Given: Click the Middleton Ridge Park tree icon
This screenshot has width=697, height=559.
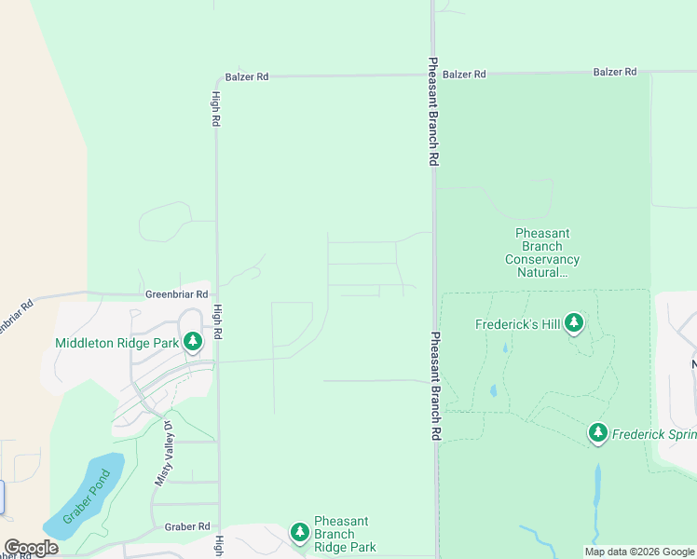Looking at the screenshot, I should click(193, 342).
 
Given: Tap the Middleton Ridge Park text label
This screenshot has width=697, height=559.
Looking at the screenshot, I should click(116, 343).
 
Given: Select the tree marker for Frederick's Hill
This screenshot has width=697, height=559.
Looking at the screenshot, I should click(575, 324).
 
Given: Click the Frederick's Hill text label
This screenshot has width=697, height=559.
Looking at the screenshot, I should click(517, 325).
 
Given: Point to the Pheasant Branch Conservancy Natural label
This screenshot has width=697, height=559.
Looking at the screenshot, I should click(542, 252).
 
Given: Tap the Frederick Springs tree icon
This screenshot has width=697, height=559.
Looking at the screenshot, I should click(598, 432).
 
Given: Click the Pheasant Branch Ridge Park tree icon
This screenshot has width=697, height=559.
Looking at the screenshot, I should click(299, 532).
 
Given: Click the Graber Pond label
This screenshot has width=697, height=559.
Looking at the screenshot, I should click(87, 497).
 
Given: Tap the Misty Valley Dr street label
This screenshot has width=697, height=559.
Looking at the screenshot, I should click(163, 454).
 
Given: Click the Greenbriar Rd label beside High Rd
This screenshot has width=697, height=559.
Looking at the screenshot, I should click(176, 294).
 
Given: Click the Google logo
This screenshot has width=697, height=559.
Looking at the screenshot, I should click(32, 548).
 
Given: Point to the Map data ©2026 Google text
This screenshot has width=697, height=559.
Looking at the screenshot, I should click(638, 552).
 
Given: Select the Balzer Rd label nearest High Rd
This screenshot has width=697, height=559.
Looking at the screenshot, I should click(247, 77).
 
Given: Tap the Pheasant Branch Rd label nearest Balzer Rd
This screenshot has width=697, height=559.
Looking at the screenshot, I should click(433, 112).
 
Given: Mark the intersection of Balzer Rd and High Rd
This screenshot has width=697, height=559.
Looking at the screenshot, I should click(217, 77).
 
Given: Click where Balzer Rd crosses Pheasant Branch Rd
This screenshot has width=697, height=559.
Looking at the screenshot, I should click(433, 74).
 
